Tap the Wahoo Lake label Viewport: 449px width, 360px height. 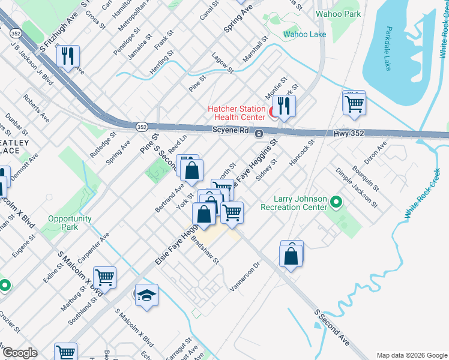pos(305,34)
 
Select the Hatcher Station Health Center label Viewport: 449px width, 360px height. pos(236,113)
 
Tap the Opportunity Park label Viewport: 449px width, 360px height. pos(70,223)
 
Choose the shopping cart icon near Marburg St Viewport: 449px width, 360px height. pos(104,277)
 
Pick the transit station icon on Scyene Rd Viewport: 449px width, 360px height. pos(259,133)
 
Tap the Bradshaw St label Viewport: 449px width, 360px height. pos(205,252)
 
